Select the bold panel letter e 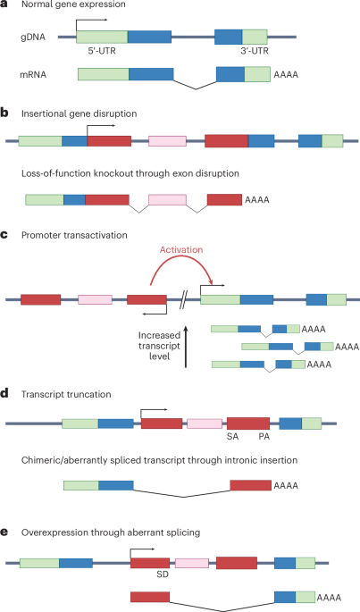pos(5,532)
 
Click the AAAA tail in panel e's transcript pos(330,595)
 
